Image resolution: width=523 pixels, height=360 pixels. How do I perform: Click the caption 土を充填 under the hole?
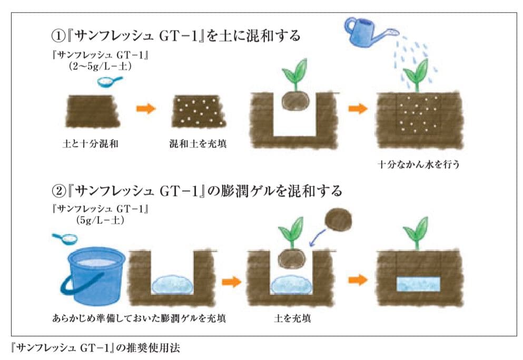click(x=290, y=318)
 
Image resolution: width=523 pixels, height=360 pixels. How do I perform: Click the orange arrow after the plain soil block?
click(x=146, y=109)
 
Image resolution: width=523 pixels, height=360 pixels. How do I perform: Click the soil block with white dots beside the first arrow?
click(x=199, y=112)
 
